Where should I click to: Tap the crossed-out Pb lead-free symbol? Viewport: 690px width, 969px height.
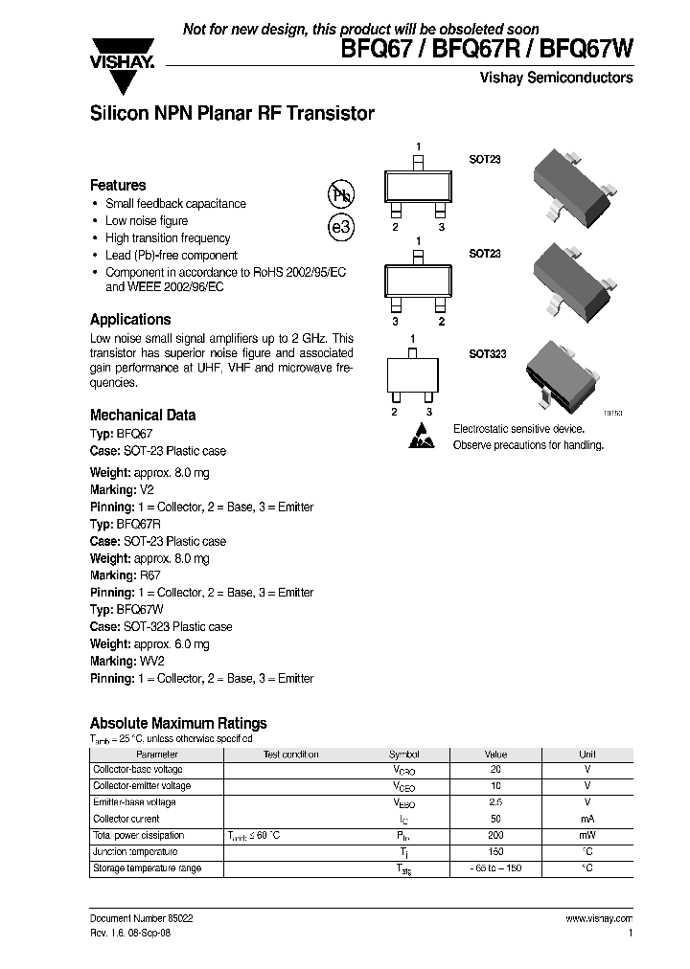[x=340, y=194]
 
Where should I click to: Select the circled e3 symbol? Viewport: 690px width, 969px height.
[x=340, y=228]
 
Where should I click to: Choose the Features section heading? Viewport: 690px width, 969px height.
[x=118, y=185]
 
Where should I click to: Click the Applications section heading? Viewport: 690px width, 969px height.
[x=130, y=319]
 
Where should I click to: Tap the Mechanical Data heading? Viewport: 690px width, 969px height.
[x=143, y=415]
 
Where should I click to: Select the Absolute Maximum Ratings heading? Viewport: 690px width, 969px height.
[x=178, y=723]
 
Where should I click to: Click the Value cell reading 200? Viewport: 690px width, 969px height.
[x=495, y=835]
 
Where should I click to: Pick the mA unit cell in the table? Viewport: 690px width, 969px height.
[x=587, y=819]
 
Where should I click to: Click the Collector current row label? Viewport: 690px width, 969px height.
[x=126, y=819]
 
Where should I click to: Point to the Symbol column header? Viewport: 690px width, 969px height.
[x=403, y=754]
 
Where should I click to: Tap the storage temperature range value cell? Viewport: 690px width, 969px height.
[x=495, y=868]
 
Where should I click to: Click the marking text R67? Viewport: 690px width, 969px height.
[x=151, y=575]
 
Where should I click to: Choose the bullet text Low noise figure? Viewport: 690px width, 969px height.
[x=147, y=220]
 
